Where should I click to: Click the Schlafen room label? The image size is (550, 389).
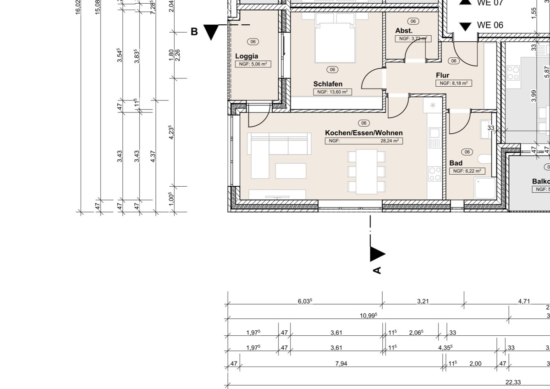328,84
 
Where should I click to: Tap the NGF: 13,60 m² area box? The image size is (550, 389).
333,92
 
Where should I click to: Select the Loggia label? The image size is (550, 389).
247,56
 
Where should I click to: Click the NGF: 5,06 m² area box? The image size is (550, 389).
253,64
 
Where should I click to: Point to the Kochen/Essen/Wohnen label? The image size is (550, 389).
363,133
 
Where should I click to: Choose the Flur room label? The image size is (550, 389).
442,75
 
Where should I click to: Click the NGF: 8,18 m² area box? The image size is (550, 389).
453,83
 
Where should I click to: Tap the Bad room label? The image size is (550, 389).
456,163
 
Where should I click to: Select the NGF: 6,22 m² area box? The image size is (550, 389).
467,171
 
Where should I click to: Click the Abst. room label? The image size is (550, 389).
404,31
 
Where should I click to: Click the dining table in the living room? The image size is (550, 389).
367,171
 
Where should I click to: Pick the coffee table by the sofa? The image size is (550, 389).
291,171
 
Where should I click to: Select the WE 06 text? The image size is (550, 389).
490,25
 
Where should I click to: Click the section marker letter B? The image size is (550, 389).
194,32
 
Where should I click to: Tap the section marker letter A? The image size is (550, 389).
377,270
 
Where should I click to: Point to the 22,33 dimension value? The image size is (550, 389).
513,382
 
